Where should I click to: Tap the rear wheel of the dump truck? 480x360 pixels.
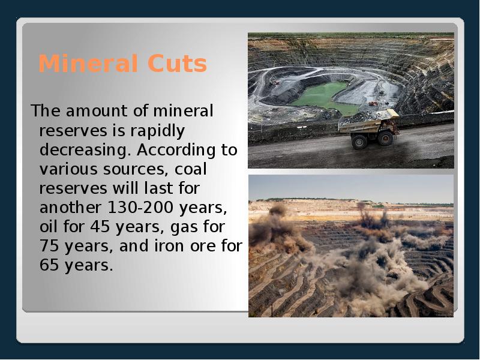359,141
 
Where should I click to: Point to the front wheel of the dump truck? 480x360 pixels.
385,138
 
